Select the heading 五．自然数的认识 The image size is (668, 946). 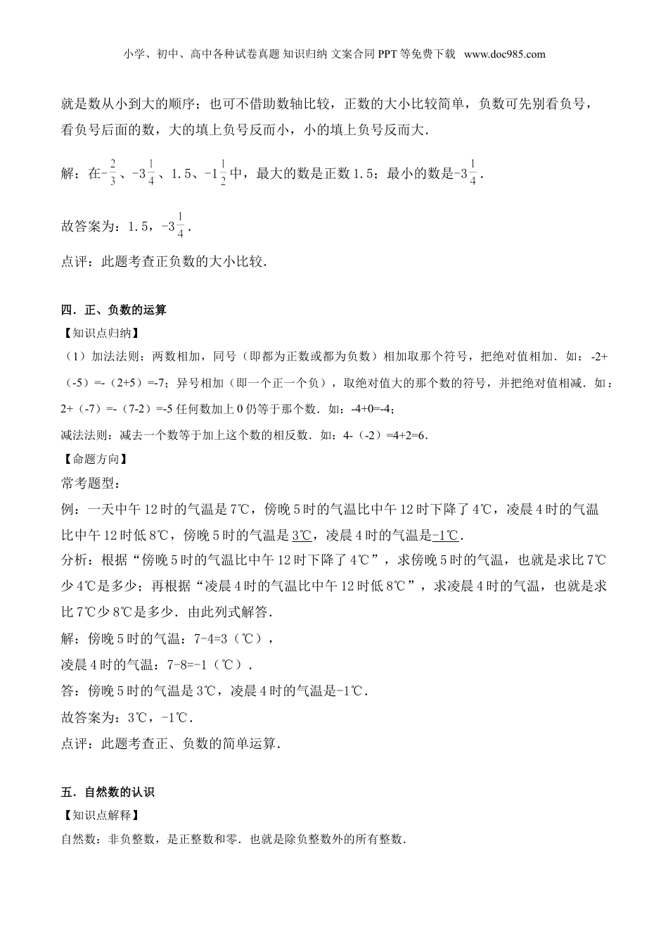tap(108, 793)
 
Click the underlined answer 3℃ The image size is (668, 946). tap(302, 536)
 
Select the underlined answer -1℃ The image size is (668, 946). tap(445, 536)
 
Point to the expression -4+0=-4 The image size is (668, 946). tap(374, 410)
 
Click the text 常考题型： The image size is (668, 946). tap(91, 484)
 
